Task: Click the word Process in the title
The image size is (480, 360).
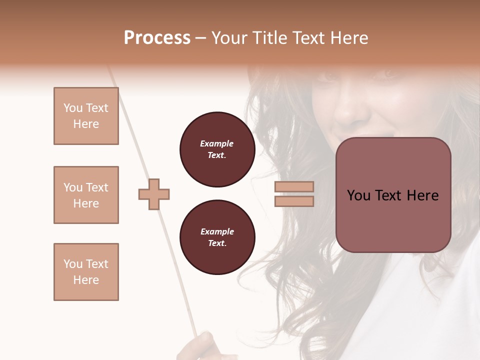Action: point(157,38)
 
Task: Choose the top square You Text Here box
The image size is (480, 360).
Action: point(86,116)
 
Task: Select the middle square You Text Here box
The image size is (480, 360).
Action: point(86,195)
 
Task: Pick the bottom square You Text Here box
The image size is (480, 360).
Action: point(86,272)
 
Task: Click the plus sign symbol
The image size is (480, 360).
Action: point(154,194)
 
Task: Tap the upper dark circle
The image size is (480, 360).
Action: point(217,149)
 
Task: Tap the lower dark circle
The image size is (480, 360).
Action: point(217,237)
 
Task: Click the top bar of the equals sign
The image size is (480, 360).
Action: point(294,187)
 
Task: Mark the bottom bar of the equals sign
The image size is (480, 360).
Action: point(294,201)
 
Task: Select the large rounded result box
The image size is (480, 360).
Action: point(393,195)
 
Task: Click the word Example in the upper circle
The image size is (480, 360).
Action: point(217,143)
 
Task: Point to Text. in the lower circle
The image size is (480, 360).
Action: point(217,243)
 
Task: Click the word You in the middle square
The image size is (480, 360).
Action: point(72,187)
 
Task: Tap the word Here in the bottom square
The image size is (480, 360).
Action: point(86,280)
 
